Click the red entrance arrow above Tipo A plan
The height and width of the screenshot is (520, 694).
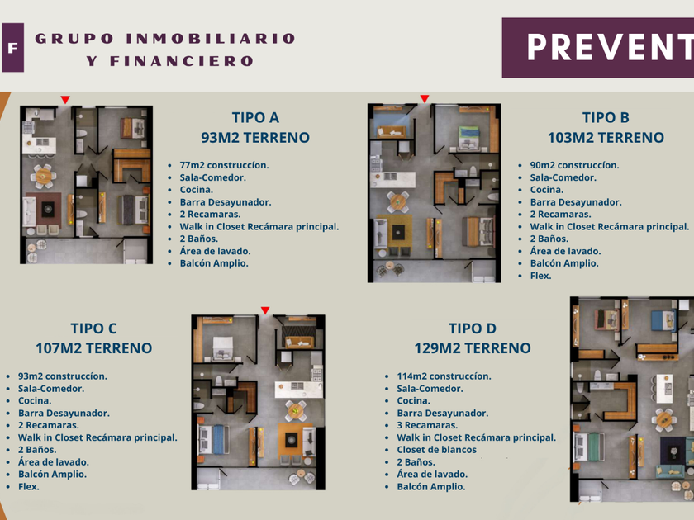coord(65,100)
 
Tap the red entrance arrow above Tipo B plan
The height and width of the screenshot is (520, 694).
coord(425,98)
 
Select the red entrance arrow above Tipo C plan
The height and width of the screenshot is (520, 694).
coord(265,310)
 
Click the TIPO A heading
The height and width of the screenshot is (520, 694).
coord(255,117)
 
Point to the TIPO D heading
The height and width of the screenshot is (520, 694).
coord(473,329)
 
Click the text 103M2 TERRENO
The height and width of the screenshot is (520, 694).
coord(606,138)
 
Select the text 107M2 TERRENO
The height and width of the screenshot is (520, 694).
coord(94,348)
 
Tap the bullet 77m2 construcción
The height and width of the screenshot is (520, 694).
coord(224,165)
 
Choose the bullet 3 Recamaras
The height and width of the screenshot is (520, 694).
coord(427,425)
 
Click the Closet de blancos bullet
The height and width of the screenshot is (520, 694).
coord(436,450)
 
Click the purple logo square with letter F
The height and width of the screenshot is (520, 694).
coord(12,47)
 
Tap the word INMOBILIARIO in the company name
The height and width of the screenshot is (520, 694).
coord(210,39)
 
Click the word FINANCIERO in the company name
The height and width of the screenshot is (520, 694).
coord(182,61)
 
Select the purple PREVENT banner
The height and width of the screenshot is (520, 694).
coord(598,48)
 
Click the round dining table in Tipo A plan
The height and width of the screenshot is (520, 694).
coord(43,176)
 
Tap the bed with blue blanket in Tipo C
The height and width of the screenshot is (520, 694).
coord(213,439)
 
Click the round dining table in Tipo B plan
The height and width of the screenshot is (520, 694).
coord(397,201)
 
